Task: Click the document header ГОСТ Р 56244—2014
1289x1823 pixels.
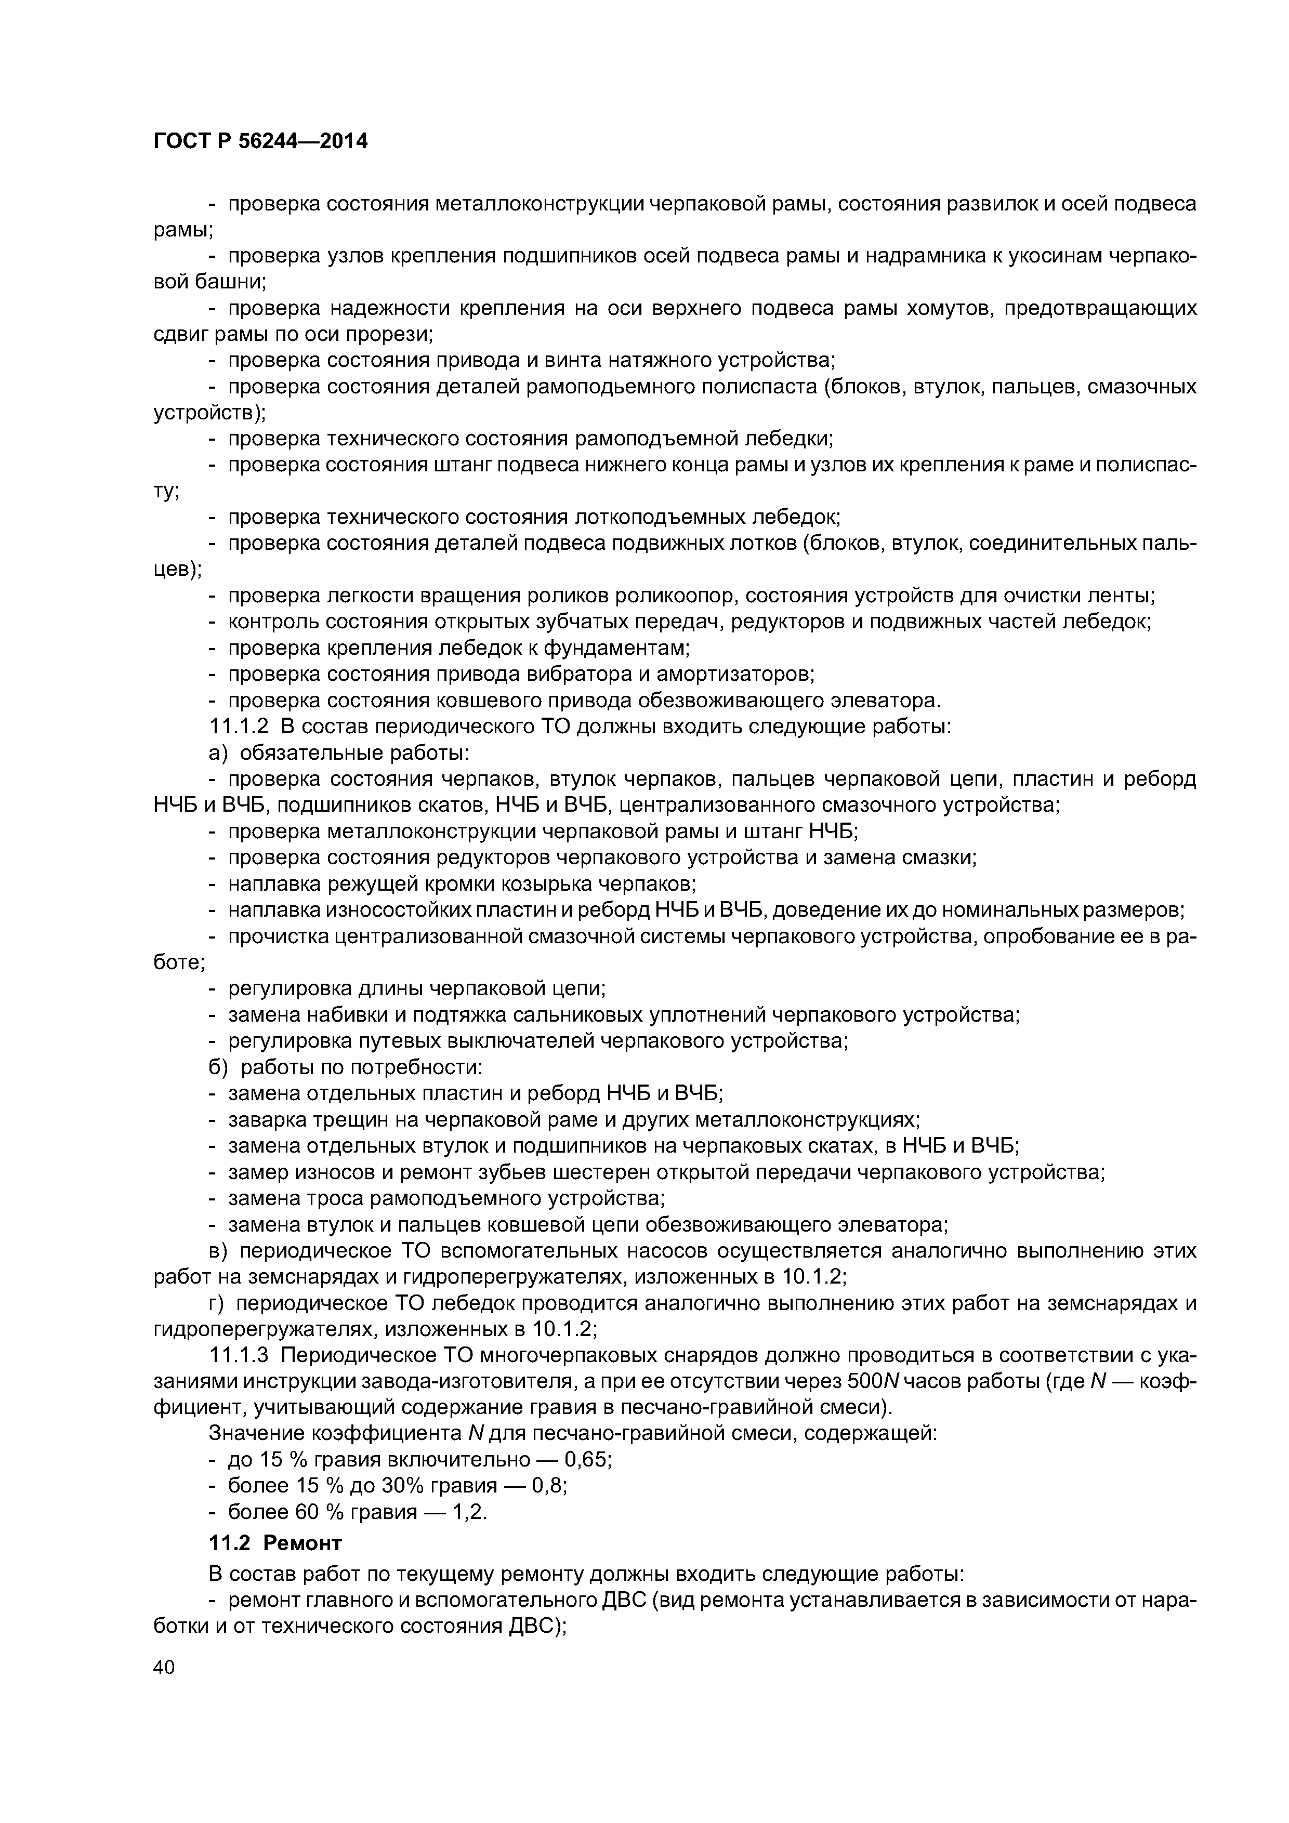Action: [260, 142]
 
